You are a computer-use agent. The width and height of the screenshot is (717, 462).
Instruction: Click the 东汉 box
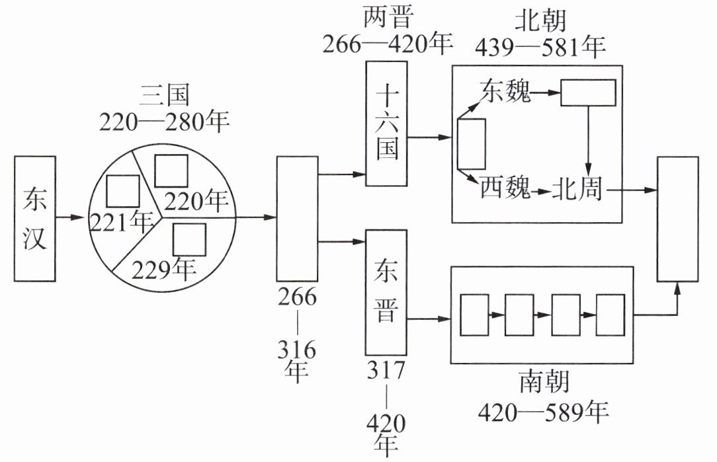[35, 218]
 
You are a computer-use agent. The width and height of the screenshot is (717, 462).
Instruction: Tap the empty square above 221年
[122, 190]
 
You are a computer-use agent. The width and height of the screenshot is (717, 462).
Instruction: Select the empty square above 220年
[171, 171]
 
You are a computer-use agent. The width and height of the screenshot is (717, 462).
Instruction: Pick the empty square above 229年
[189, 239]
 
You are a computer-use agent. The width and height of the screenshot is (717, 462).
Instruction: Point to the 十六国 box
[386, 124]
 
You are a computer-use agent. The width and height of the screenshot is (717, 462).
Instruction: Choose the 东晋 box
[386, 292]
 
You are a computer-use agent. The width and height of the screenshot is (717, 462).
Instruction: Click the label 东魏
[505, 91]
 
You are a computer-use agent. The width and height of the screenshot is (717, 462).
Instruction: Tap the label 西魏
[505, 187]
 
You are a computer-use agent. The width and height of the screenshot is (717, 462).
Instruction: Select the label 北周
[577, 188]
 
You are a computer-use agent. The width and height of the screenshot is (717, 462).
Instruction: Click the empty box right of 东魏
[588, 93]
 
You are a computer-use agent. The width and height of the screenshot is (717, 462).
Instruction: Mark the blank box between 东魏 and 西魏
[472, 144]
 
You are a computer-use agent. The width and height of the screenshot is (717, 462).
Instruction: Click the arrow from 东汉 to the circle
[70, 217]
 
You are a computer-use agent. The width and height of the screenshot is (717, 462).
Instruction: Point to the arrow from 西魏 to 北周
[542, 192]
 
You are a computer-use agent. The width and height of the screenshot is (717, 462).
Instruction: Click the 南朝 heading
[544, 382]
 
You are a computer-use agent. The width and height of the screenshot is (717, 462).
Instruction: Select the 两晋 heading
[388, 17]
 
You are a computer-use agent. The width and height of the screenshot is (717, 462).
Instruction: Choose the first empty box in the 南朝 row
[474, 315]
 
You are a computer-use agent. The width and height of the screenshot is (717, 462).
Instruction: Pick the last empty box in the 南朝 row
[611, 315]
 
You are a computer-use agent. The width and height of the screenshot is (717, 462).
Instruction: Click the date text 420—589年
[543, 412]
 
